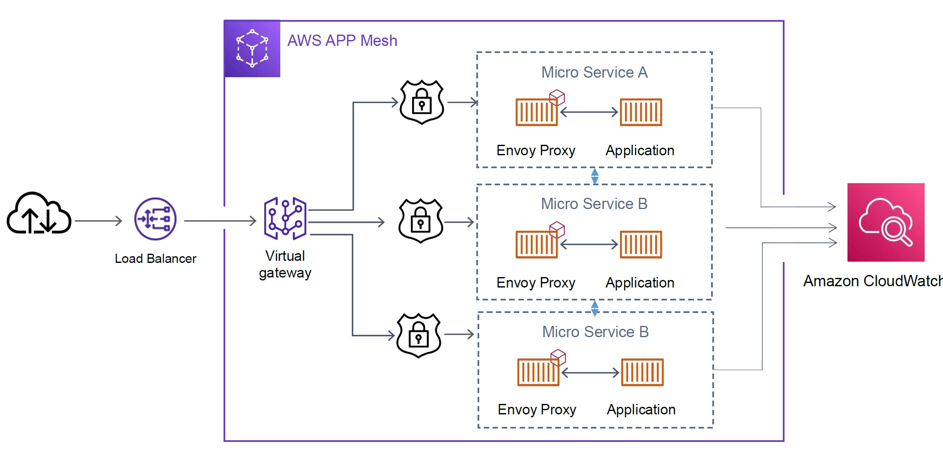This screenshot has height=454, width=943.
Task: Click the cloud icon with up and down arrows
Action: coord(39,213)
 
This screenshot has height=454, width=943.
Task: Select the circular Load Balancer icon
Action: coord(155,219)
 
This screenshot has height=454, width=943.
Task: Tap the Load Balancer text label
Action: coord(155,259)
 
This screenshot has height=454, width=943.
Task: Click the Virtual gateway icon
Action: coord(285,218)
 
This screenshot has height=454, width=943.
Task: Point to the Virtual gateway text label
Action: coord(285,264)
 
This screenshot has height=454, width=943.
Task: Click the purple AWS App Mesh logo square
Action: coord(252,48)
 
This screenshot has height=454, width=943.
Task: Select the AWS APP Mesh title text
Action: coord(342,41)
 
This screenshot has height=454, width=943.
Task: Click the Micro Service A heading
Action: coord(594,73)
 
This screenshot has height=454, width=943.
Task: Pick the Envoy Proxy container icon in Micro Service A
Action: coord(536,112)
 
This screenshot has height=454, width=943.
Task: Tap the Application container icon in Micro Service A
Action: coord(641,112)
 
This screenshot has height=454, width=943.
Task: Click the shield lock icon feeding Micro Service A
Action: coord(422,102)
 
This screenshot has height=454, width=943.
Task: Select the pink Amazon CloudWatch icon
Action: coord(886,222)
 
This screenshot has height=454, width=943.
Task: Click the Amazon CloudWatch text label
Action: coord(872,281)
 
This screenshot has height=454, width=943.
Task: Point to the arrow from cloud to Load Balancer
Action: coord(98,221)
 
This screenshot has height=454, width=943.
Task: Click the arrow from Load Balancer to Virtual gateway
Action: coord(220,221)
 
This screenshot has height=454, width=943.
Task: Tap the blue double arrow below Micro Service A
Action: coord(595,176)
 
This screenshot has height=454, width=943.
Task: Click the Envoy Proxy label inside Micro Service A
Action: coord(536,151)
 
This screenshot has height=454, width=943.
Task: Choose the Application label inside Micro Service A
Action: coord(640,151)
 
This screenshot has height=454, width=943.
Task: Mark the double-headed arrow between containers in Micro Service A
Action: coord(588,112)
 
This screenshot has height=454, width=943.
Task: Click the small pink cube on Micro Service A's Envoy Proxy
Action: coord(557,97)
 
